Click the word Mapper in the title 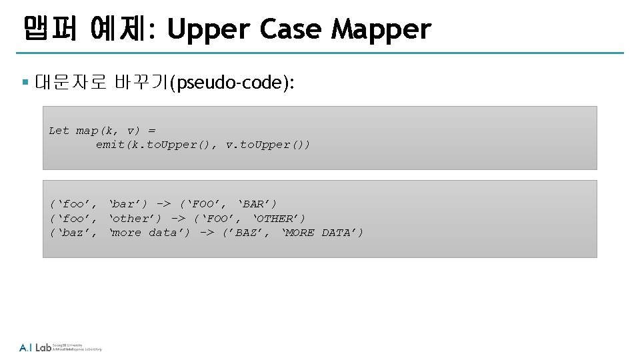(x=381, y=29)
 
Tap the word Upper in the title (x=208, y=29)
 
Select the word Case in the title (x=290, y=29)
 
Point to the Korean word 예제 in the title (x=122, y=29)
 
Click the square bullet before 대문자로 (x=25, y=83)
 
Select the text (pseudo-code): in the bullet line (x=231, y=83)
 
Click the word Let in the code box (x=59, y=131)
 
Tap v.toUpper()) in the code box (x=268, y=145)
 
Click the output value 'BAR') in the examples (x=257, y=204)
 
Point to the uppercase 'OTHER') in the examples (x=279, y=219)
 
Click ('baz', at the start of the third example (x=73, y=233)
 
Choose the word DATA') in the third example (x=343, y=233)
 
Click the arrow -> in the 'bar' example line (x=164, y=204)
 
